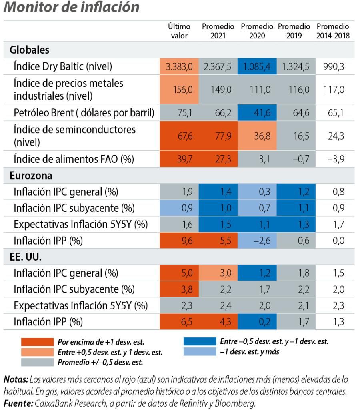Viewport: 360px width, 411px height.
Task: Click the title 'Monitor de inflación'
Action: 72,7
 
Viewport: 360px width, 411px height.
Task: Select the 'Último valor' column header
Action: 179,31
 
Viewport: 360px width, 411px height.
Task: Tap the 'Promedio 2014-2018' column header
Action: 333,31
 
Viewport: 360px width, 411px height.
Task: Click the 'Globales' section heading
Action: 29,50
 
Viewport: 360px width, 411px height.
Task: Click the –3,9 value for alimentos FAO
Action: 333,159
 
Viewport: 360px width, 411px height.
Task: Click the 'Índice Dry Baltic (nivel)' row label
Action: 63,66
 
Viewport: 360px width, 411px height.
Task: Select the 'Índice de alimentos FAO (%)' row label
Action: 74,159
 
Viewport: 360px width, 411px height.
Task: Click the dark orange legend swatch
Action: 37,342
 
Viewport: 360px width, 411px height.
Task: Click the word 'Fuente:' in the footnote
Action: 18,403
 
